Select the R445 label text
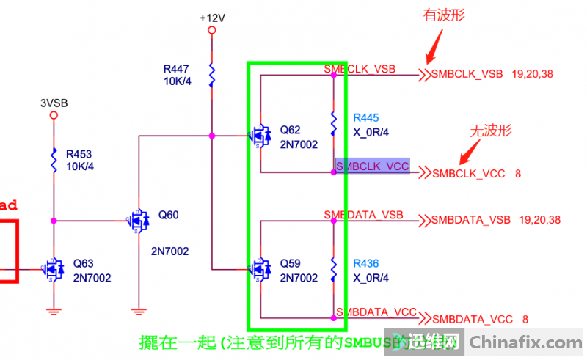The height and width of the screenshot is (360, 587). pos(365,117)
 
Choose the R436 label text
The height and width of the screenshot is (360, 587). pos(365,263)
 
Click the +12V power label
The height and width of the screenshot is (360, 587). pos(211,16)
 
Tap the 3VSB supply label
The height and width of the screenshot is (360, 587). pos(54,103)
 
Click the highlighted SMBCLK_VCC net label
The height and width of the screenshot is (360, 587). pos(372,166)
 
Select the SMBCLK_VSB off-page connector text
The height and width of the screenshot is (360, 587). pos(467,73)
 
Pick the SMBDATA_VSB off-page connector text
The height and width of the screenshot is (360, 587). pos(470,220)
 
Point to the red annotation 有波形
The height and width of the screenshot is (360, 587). pos(445,15)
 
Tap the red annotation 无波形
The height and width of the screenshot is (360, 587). pos(490,131)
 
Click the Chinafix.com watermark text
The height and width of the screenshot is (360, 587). pos(525,342)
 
